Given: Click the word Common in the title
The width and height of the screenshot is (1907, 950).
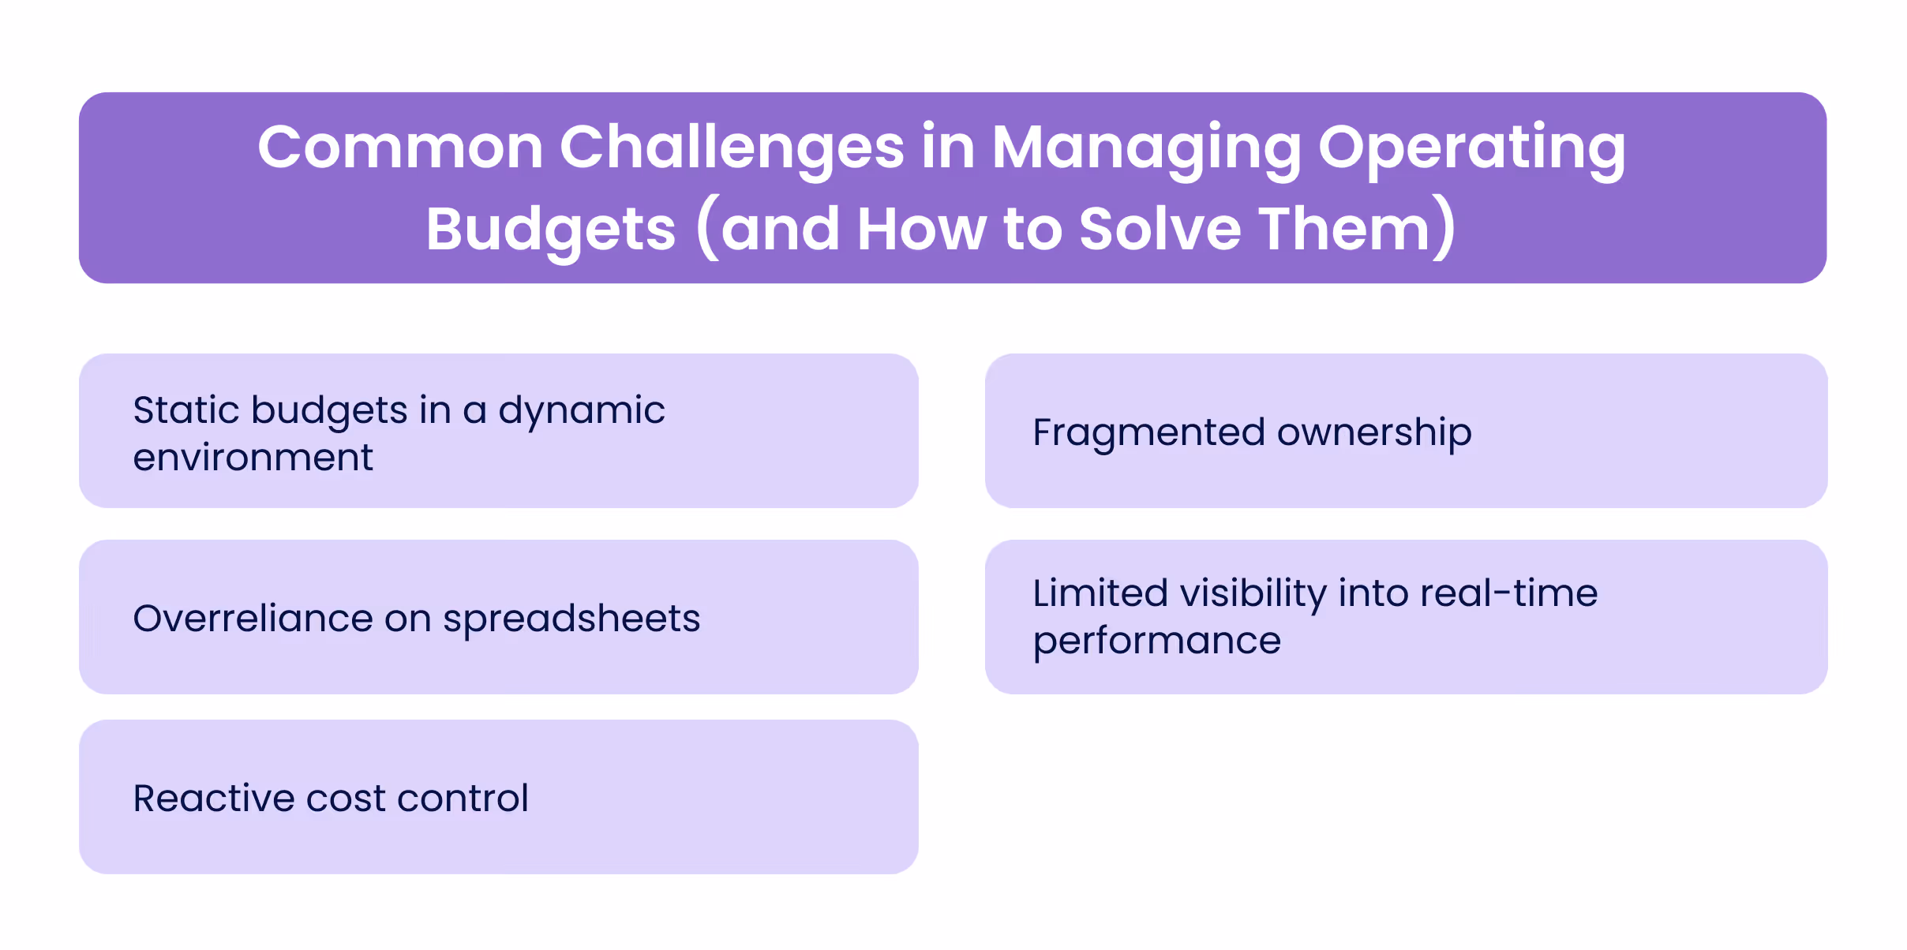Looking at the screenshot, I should click(400, 148).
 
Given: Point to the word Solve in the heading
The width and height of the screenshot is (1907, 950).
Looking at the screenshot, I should click(1160, 229).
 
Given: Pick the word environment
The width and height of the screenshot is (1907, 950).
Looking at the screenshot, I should click(253, 458).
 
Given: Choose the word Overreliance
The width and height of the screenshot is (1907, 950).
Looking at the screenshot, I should click(253, 618).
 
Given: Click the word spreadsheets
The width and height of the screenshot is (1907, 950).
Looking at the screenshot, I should click(571, 619).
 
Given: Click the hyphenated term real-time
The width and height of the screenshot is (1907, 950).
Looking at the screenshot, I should click(1508, 593).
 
